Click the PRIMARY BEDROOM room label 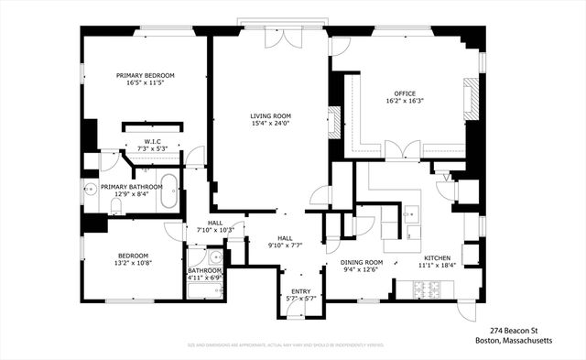click(145, 75)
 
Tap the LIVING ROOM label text click(270, 115)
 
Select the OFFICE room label click(405, 93)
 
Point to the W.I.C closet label click(152, 141)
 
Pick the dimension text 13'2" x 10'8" click(133, 264)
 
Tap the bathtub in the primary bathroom click(168, 193)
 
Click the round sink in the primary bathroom click(91, 191)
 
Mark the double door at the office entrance click(403, 150)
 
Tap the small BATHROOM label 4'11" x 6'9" click(205, 271)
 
